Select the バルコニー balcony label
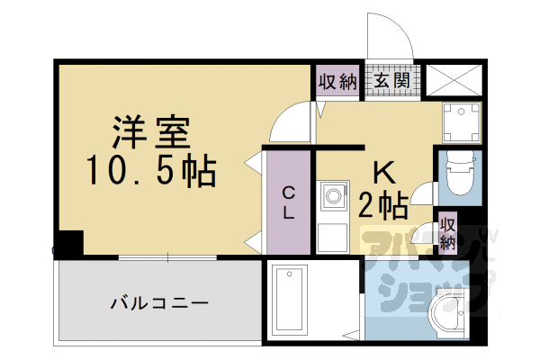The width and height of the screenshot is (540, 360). pos(160,301)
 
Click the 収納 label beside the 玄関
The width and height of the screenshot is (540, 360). pos(338,81)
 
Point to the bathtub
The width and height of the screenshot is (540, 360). pos(290,299)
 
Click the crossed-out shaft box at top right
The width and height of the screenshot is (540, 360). pos(452,80)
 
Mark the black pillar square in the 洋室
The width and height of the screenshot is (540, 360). pos(68,243)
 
